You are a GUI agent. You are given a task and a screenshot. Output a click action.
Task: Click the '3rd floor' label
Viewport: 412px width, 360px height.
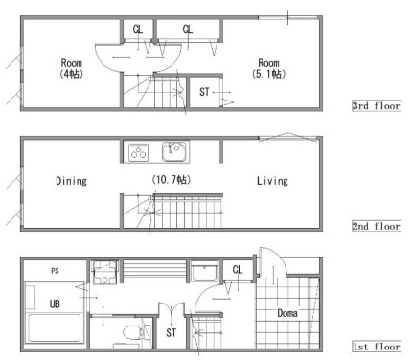coord(376,105)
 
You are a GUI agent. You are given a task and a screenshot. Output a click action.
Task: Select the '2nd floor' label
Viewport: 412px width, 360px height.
coord(376,226)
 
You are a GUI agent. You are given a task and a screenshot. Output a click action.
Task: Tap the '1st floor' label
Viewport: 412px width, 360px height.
coord(376,347)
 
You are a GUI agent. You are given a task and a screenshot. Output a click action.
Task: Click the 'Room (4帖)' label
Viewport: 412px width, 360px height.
coord(72,68)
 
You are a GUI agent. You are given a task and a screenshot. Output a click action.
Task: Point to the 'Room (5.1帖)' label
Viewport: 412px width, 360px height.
coord(268,68)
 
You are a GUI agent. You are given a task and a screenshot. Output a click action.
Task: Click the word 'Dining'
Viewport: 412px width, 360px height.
coord(71,181)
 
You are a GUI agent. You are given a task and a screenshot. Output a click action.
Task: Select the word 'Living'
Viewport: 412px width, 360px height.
coord(272,181)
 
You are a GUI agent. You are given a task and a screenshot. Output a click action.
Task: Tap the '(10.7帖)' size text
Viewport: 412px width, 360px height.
coord(172,180)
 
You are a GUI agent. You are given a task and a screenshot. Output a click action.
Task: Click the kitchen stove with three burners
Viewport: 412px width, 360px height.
coord(138,152)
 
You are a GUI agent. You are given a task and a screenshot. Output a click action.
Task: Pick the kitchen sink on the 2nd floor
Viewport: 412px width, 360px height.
coord(174,151)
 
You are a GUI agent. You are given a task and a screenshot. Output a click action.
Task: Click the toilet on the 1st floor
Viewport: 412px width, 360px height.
coord(137,332)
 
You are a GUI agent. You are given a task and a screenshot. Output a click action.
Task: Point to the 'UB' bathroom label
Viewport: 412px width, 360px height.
coord(55,304)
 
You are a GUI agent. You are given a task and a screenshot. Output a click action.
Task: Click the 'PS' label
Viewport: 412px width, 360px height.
coord(55,271)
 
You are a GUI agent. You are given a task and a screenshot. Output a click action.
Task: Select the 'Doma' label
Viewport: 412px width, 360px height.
coord(287,313)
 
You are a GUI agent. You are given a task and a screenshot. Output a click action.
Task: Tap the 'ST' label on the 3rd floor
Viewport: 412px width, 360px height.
coord(204,92)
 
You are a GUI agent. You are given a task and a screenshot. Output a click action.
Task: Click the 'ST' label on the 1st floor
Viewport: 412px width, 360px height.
coord(171,333)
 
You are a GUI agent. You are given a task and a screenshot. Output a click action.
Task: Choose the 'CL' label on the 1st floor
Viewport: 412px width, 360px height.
coord(238,270)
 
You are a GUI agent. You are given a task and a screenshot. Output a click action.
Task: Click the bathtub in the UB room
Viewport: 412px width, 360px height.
coord(55,328)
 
